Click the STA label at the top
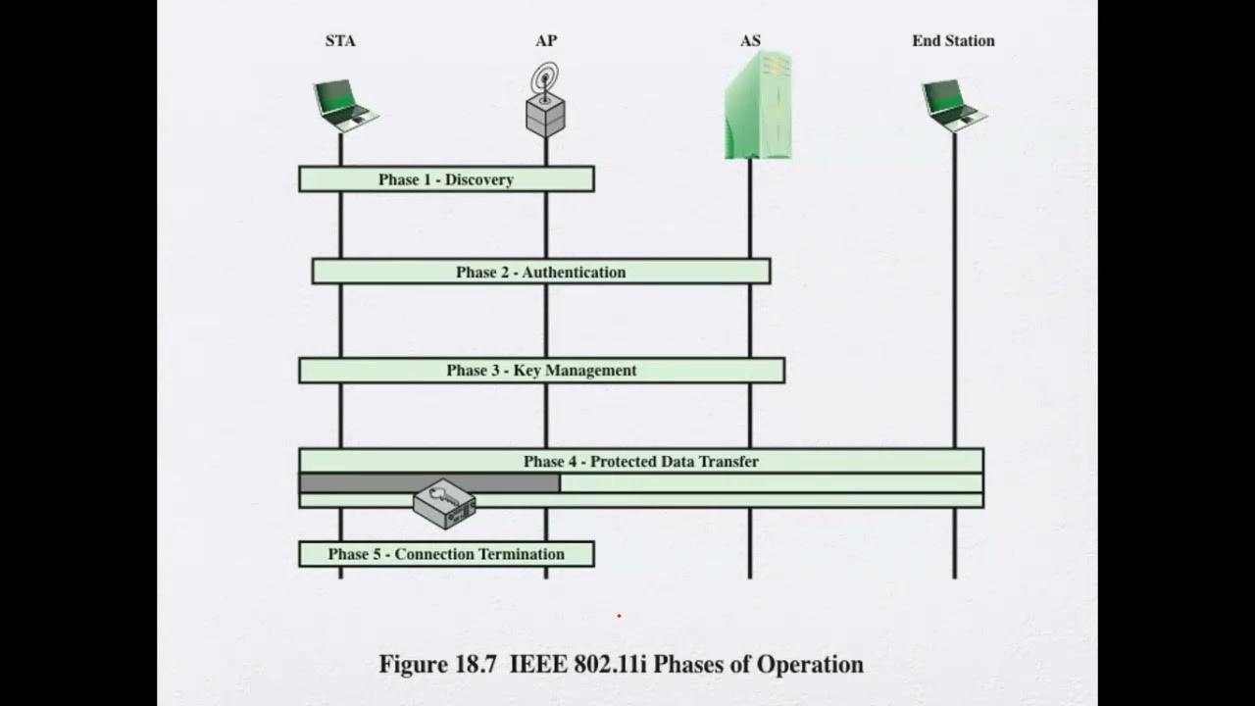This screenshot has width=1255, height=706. (340, 41)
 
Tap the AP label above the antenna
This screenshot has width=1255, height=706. (546, 41)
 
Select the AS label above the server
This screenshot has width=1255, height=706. (750, 41)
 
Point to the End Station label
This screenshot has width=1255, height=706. (953, 41)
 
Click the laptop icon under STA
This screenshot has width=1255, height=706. (344, 105)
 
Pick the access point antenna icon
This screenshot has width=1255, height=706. (545, 100)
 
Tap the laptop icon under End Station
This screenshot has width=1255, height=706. (953, 105)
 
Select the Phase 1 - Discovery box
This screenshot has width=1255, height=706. (446, 179)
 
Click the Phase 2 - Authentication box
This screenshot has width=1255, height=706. (540, 272)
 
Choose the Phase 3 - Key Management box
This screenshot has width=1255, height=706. (541, 371)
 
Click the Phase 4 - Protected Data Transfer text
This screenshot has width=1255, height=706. (640, 461)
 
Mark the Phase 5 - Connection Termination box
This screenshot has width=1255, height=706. (446, 554)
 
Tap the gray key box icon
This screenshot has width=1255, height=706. (444, 504)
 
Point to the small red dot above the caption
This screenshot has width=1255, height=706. (619, 616)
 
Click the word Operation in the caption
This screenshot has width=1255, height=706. (810, 665)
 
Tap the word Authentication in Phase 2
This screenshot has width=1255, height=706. (574, 272)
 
